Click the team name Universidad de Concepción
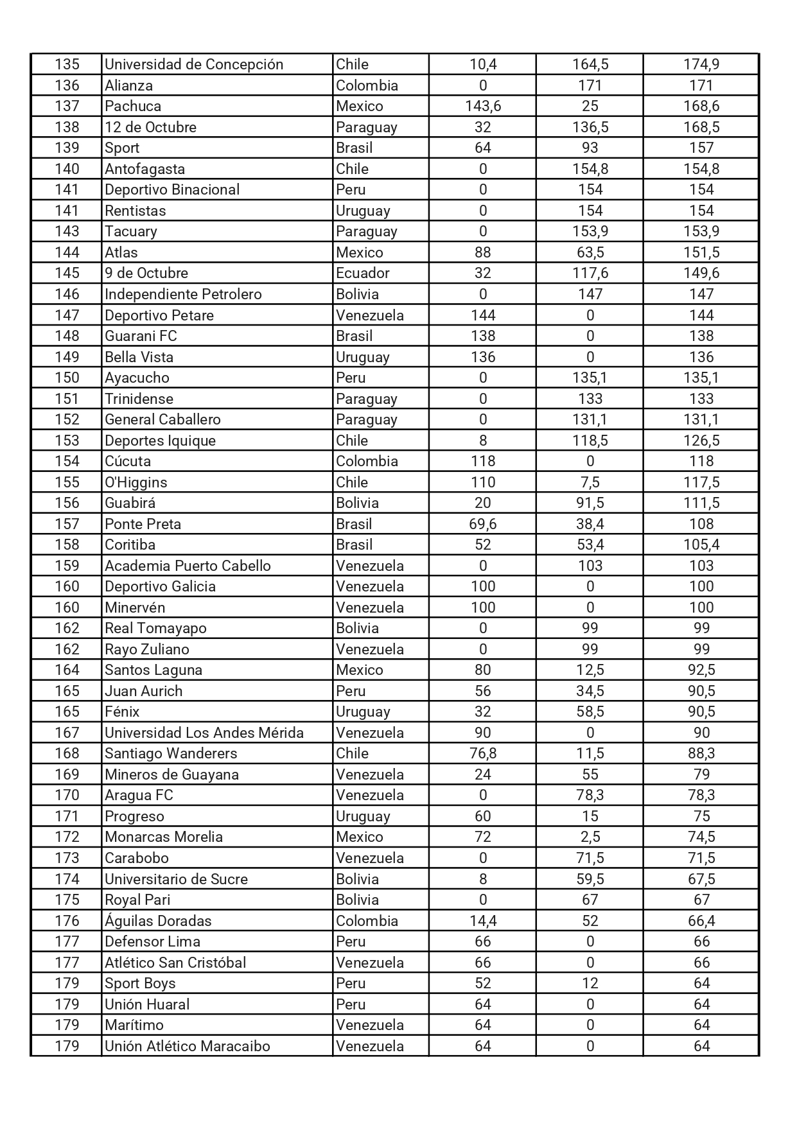(x=193, y=64)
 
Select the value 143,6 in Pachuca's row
(x=482, y=106)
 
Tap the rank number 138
(x=67, y=127)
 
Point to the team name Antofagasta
(x=145, y=169)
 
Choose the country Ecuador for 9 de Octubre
(x=362, y=273)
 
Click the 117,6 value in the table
(x=590, y=273)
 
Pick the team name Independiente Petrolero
(x=183, y=294)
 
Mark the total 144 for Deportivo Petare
(x=701, y=315)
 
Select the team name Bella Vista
(x=139, y=357)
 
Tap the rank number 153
(x=67, y=441)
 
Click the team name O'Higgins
(x=136, y=482)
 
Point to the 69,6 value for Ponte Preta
(x=482, y=524)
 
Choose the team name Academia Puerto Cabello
(x=188, y=566)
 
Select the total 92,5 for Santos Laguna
(x=701, y=670)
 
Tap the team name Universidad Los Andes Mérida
(x=204, y=733)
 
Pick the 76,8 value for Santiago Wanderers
(x=482, y=753)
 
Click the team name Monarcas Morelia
(x=164, y=837)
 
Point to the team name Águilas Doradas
(x=158, y=921)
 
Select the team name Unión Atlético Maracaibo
(x=187, y=1046)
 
